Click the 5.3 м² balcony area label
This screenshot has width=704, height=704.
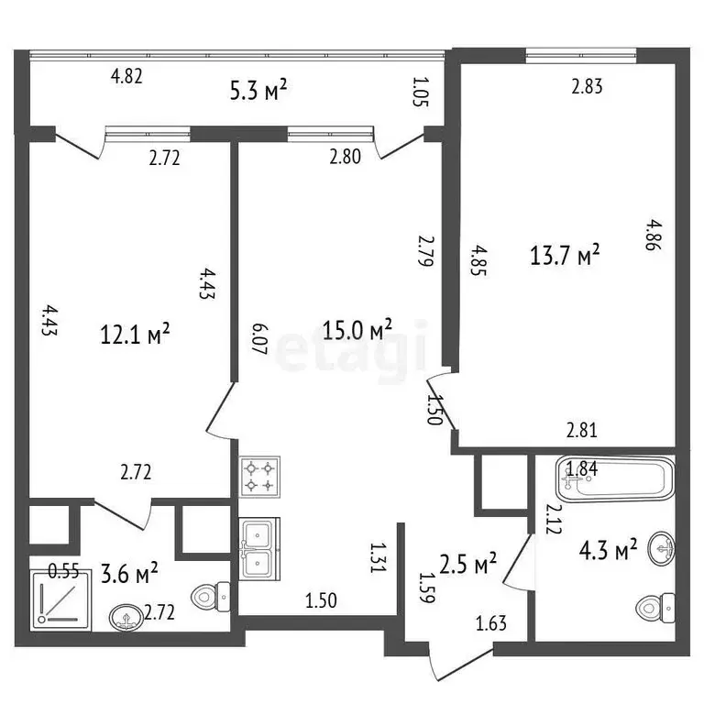click(258, 91)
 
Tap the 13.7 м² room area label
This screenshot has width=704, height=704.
click(565, 255)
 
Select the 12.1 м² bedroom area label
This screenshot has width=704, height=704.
click(135, 334)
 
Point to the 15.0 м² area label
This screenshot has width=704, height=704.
click(357, 330)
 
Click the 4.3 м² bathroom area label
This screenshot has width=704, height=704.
click(609, 550)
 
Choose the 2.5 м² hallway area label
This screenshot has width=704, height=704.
click(467, 564)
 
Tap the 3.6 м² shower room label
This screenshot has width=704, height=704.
click(129, 574)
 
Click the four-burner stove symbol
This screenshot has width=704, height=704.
click(259, 477)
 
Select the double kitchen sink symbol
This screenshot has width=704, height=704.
click(259, 548)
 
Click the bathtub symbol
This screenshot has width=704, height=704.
click(615, 478)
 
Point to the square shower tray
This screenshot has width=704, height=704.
click(61, 599)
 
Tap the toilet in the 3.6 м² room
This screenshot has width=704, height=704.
click(211, 597)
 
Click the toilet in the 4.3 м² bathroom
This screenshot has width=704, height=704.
click(655, 608)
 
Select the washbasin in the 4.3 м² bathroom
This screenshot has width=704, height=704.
click(661, 549)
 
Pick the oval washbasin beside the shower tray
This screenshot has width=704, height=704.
click(126, 617)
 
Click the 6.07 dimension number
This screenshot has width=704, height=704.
click(259, 339)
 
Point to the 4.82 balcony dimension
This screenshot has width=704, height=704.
click(126, 76)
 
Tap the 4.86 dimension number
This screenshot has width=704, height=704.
click(653, 235)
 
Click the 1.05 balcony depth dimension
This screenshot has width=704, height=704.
click(421, 92)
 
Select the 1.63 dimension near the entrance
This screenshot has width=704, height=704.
click(491, 623)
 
